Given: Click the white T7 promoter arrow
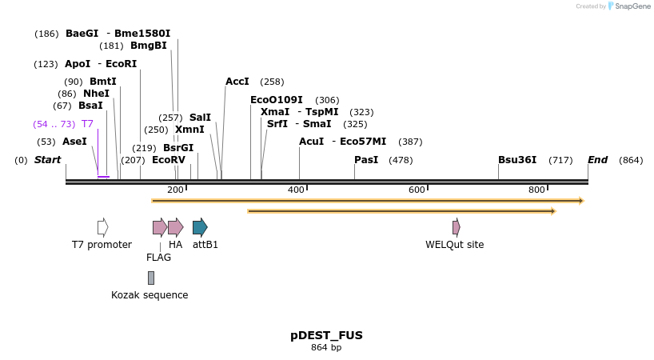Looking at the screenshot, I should pyautogui.click(x=102, y=227).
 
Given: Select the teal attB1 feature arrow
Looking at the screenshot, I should pyautogui.click(x=200, y=227).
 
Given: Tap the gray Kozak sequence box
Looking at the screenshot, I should pyautogui.click(x=150, y=278).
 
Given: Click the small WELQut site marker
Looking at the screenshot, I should pyautogui.click(x=456, y=227).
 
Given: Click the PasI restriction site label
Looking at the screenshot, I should pyautogui.click(x=366, y=160).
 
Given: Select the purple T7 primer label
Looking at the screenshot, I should pyautogui.click(x=87, y=124).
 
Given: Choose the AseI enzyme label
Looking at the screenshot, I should pyautogui.click(x=74, y=142).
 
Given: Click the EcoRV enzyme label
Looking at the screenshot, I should pyautogui.click(x=168, y=160).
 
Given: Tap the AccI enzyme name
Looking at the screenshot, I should pyautogui.click(x=237, y=82).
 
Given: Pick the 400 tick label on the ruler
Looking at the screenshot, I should pyautogui.click(x=296, y=190).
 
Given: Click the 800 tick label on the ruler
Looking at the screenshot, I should pyautogui.click(x=536, y=190).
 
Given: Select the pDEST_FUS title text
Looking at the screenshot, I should pyautogui.click(x=326, y=335).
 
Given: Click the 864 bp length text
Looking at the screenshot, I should pyautogui.click(x=326, y=347).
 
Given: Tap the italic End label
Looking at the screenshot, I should pyautogui.click(x=597, y=160).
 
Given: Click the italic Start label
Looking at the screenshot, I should pyautogui.click(x=47, y=160).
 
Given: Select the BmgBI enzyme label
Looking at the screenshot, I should pyautogui.click(x=149, y=46).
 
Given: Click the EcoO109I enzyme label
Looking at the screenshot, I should pyautogui.click(x=276, y=100).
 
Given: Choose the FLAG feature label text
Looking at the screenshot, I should pyautogui.click(x=158, y=258).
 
